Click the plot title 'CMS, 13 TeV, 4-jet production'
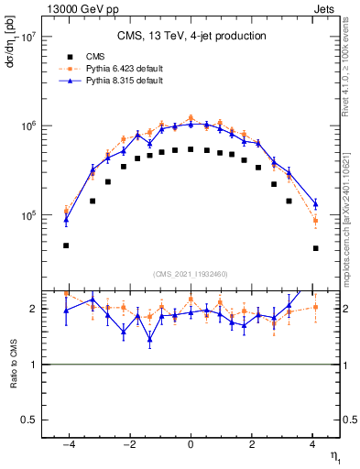191,36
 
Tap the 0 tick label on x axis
191,442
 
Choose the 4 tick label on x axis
313,442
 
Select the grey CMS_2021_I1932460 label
191,273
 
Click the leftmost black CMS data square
66,245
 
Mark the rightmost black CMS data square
315,248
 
